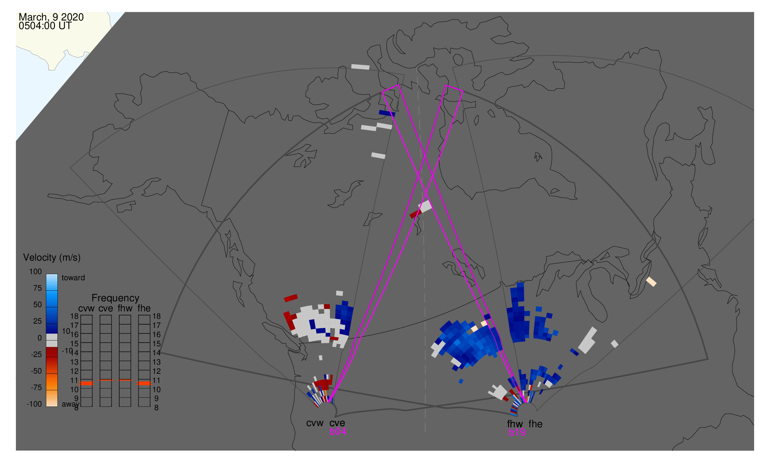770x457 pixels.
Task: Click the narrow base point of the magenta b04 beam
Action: [329, 402]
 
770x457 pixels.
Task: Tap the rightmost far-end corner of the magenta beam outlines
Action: [463, 91]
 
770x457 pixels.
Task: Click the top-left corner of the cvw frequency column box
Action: [81, 315]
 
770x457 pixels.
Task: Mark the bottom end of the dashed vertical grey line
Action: [425, 432]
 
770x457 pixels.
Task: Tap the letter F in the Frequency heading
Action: [94, 298]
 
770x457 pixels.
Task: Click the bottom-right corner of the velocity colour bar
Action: [57, 407]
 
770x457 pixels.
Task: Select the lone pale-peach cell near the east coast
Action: [651, 281]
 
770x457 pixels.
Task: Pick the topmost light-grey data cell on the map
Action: [360, 67]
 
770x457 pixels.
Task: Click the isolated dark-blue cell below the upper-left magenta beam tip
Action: [387, 113]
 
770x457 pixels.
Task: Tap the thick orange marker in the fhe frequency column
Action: [144, 383]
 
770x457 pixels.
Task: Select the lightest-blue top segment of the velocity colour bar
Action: [52, 282]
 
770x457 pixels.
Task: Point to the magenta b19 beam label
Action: [517, 432]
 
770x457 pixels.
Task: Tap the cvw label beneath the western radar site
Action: [315, 423]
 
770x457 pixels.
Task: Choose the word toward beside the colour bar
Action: [73, 278]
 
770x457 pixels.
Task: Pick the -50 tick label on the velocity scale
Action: [36, 371]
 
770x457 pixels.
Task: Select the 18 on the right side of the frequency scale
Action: [156, 316]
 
